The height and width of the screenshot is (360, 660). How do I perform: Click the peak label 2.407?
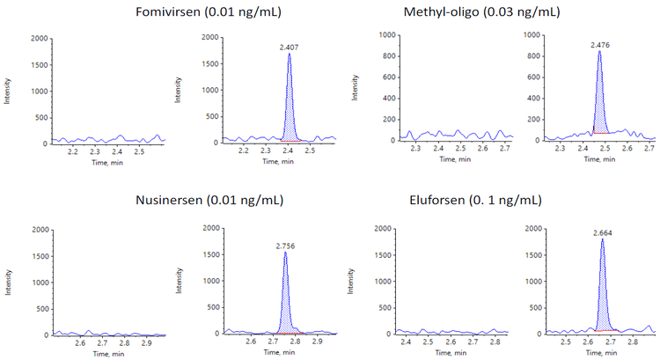coord(290,46)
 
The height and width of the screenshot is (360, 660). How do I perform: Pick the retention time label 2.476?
coord(599,43)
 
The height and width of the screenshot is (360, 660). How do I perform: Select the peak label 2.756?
coord(286,245)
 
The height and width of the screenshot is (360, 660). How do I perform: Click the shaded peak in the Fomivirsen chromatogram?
coord(290,106)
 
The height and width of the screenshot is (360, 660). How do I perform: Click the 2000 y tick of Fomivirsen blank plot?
coord(39,39)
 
